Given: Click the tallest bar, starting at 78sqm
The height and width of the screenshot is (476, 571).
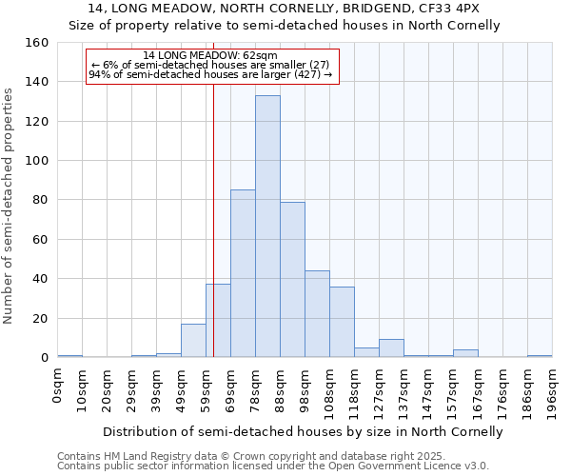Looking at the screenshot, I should pos(267,227).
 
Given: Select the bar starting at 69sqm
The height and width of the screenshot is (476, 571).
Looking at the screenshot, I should pos(243,273).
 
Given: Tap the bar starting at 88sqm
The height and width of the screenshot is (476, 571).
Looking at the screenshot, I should pos(292,279).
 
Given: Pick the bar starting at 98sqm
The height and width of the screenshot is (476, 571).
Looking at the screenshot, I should pos(317,314).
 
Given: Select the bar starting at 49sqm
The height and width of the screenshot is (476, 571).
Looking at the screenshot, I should pos(193,341).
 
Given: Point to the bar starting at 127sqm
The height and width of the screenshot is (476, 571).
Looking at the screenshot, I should pos(391,348).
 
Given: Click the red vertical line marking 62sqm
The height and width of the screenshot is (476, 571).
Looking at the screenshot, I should pos(213,219).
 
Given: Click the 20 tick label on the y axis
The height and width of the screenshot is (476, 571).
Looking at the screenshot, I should pos(40,318).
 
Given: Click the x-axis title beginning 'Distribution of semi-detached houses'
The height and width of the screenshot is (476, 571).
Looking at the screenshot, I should pos(303,431).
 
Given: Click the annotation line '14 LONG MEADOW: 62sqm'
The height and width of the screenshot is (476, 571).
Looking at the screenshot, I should pos(210,55).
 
